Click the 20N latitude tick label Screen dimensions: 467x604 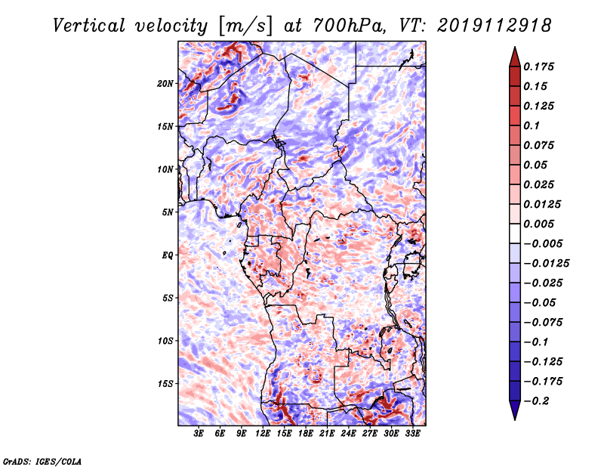pyautogui.click(x=165, y=83)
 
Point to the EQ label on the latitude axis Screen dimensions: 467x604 pyautogui.click(x=167, y=255)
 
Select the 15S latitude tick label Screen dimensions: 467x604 pyautogui.click(x=165, y=383)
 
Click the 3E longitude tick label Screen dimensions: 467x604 pyautogui.click(x=199, y=434)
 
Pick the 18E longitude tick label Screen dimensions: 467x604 pyautogui.click(x=306, y=434)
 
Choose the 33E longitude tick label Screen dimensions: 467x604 pyautogui.click(x=413, y=434)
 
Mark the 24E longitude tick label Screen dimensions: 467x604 pyautogui.click(x=349, y=434)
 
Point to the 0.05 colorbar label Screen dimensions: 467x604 pyautogui.click(x=538, y=165)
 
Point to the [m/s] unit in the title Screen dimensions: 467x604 pyautogui.click(x=242, y=26)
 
